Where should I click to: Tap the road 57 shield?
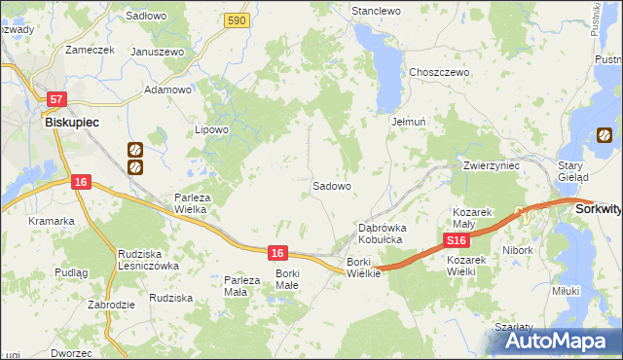click(57, 99)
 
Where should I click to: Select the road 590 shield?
click(235, 19)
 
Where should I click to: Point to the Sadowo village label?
click(331, 185)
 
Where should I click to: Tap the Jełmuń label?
click(410, 123)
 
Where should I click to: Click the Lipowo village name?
click(211, 129)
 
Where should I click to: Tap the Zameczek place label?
click(90, 49)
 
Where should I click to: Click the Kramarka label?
click(52, 221)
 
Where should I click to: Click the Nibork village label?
click(519, 250)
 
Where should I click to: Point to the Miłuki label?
click(565, 290)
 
